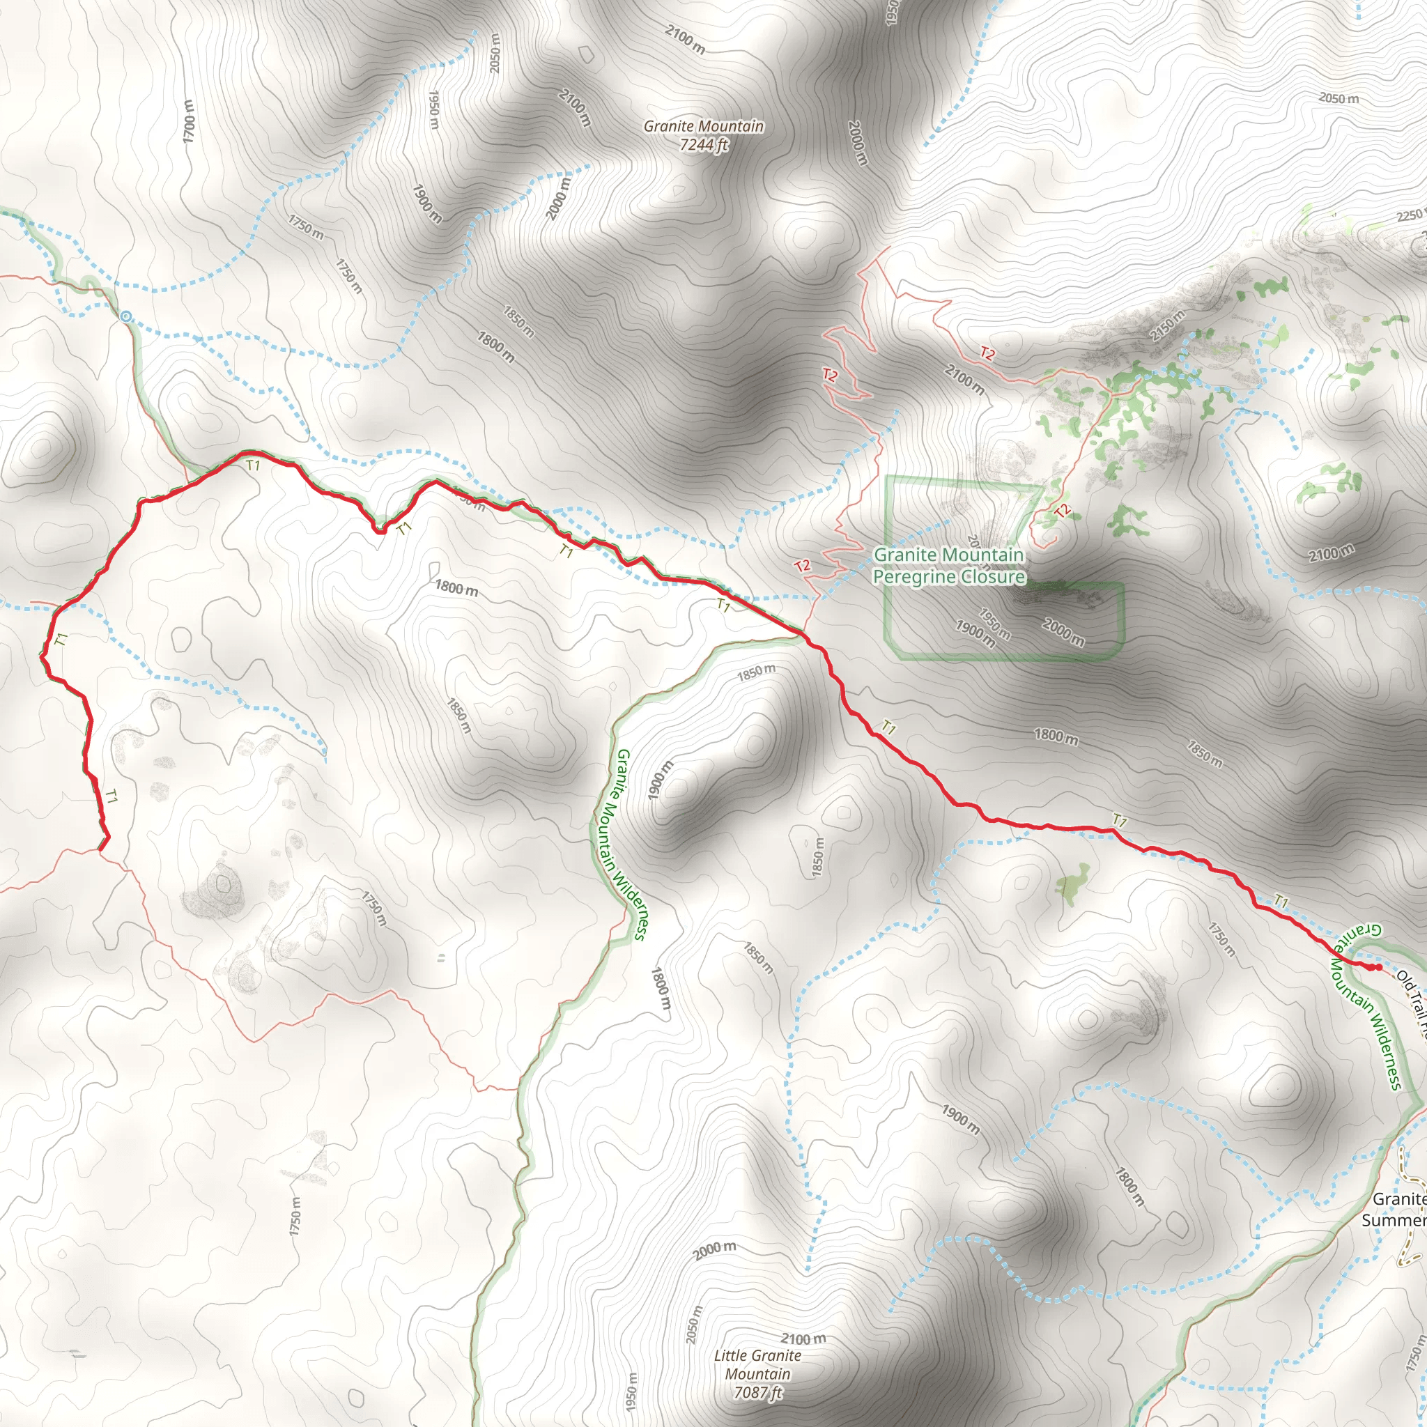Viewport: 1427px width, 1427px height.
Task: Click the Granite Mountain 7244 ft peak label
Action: click(x=703, y=135)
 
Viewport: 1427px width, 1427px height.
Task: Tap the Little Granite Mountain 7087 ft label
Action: click(x=757, y=1374)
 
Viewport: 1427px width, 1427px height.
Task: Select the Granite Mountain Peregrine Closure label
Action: click(x=948, y=566)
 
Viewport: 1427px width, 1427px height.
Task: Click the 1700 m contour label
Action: click(x=189, y=121)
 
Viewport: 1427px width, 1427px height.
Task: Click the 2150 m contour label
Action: click(x=1166, y=325)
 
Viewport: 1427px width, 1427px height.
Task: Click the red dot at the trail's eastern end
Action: click(x=1378, y=967)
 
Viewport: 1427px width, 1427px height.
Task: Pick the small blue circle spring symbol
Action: click(x=125, y=317)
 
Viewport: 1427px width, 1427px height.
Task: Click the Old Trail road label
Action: click(x=1412, y=994)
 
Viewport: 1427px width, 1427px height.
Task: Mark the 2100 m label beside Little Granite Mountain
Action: click(x=803, y=1339)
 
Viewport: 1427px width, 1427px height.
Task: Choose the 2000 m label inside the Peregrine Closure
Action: click(x=1063, y=632)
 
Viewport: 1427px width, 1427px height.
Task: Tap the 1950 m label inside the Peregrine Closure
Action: click(x=994, y=624)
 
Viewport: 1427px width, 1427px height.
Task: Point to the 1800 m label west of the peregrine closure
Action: click(x=456, y=589)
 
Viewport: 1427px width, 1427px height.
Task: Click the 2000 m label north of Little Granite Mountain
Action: click(x=714, y=1249)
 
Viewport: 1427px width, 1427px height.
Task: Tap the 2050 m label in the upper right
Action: click(x=1339, y=98)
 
